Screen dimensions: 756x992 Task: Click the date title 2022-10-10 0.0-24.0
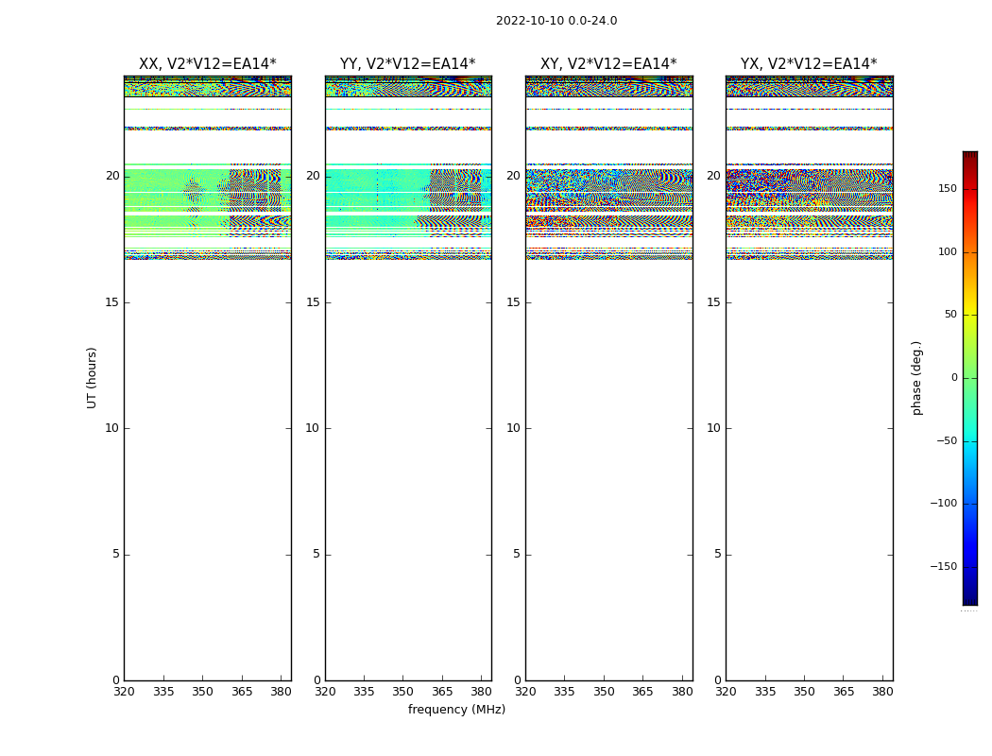click(556, 21)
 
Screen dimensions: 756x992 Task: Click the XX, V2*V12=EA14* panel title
click(208, 64)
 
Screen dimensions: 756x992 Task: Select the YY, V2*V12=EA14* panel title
click(408, 64)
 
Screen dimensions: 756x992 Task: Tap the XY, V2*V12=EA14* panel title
click(608, 64)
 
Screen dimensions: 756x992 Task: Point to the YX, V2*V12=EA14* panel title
click(809, 64)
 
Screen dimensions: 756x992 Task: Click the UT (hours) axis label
click(92, 377)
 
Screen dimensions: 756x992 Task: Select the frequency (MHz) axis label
click(456, 710)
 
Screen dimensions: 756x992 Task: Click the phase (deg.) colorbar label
click(916, 377)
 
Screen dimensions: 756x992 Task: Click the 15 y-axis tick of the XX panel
click(112, 302)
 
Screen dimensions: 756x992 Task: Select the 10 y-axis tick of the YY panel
click(313, 428)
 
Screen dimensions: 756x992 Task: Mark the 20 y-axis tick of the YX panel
click(713, 176)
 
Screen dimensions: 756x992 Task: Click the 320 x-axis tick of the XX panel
click(124, 691)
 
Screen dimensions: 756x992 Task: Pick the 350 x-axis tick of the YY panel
click(403, 691)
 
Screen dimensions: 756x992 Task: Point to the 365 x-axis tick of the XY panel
click(642, 691)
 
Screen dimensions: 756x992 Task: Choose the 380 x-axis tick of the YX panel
click(882, 691)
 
